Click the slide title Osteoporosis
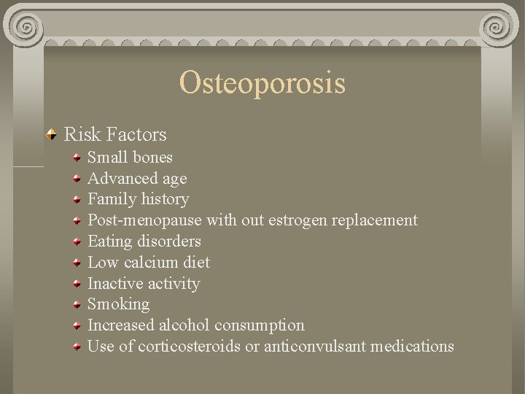pyautogui.click(x=262, y=82)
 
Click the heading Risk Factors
pyautogui.click(x=115, y=134)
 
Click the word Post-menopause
pyautogui.click(x=145, y=220)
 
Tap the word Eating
pyautogui.click(x=109, y=242)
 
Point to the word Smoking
pyautogui.click(x=118, y=304)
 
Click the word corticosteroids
pyautogui.click(x=189, y=346)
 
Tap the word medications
pyautogui.click(x=412, y=346)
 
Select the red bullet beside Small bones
pyautogui.click(x=77, y=158)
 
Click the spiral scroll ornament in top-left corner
pyautogui.click(x=27, y=27)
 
